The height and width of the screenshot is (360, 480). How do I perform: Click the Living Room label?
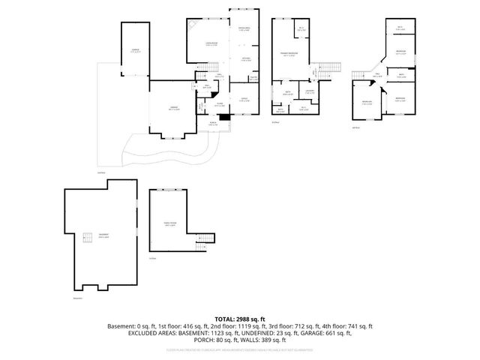coord(202,44)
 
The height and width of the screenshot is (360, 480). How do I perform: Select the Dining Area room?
coord(244,29)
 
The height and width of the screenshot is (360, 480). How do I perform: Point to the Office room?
coord(244,99)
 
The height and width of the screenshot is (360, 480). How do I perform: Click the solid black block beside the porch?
coord(224,117)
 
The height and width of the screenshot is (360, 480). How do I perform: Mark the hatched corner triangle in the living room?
coord(192,24)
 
